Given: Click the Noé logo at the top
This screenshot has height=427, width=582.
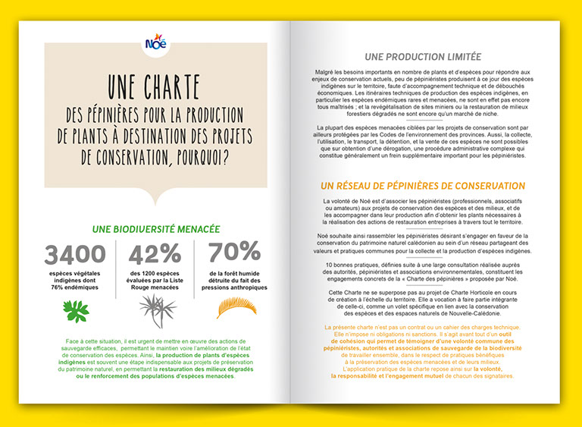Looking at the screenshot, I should [x=156, y=44].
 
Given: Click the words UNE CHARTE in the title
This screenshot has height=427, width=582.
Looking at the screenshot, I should [x=155, y=84].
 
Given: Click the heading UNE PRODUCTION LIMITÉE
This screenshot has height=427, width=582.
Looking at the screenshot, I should [x=422, y=56].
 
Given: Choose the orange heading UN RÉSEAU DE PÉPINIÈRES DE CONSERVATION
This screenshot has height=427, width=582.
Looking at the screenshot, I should [x=422, y=186].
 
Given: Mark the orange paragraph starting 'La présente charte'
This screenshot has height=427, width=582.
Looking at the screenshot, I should [x=422, y=351].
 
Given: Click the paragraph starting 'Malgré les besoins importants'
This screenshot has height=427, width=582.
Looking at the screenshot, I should [x=422, y=94].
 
